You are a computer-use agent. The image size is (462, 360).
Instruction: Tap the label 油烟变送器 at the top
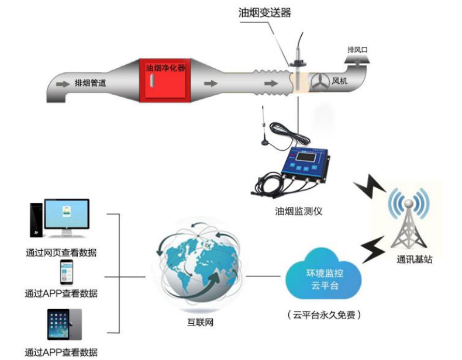point(264,12)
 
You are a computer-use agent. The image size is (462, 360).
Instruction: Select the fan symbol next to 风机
point(320,81)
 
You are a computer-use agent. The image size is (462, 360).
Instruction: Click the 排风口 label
point(357,50)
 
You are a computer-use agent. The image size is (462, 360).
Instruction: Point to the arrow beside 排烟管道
point(63,84)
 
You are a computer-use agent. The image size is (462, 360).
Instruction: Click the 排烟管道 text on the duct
point(90,83)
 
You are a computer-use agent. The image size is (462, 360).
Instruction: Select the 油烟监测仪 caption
point(298,211)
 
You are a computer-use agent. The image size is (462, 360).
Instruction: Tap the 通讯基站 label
point(414,259)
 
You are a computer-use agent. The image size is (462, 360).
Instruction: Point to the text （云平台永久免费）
point(324,315)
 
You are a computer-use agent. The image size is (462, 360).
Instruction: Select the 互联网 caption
point(201,323)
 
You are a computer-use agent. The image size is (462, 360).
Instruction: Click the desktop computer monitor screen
point(67,214)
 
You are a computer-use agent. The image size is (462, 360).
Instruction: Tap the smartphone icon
point(67,272)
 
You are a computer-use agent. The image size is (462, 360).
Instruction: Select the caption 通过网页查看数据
point(61,252)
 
